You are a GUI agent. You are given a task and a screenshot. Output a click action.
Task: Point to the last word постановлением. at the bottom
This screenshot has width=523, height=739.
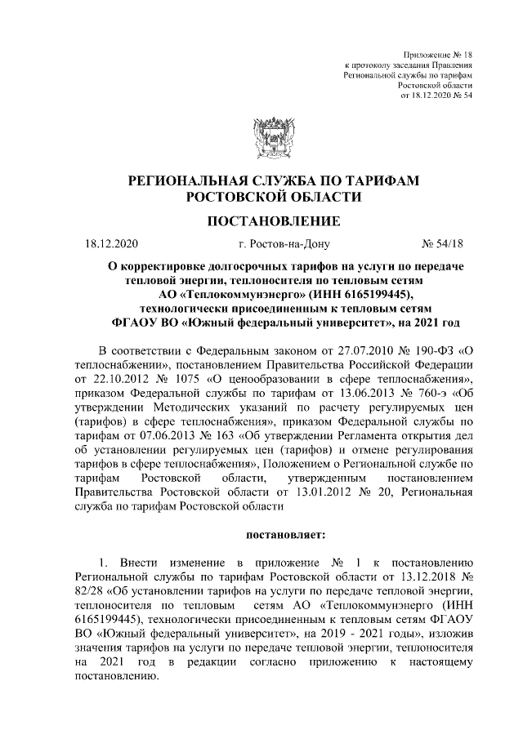tap(114, 679)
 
